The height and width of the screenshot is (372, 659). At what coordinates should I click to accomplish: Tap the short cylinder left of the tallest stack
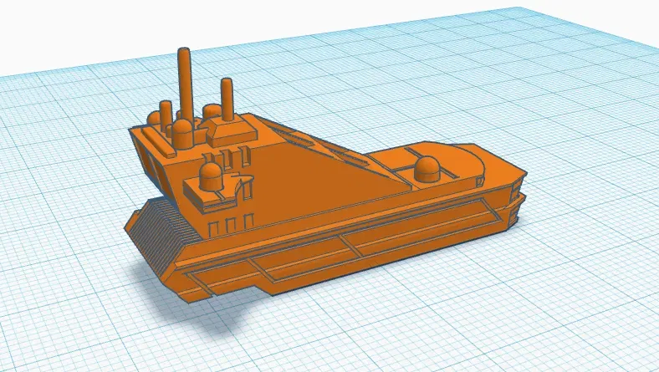click(x=166, y=112)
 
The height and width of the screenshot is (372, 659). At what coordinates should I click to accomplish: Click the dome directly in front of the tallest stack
click(x=181, y=131)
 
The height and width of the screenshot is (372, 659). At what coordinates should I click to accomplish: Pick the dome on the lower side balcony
click(x=209, y=176)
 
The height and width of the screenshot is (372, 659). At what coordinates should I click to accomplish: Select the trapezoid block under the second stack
click(x=231, y=129)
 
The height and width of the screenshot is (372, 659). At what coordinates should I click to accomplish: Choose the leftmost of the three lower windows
click(x=212, y=228)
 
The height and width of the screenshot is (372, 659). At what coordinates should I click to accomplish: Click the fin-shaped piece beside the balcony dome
click(x=244, y=181)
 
